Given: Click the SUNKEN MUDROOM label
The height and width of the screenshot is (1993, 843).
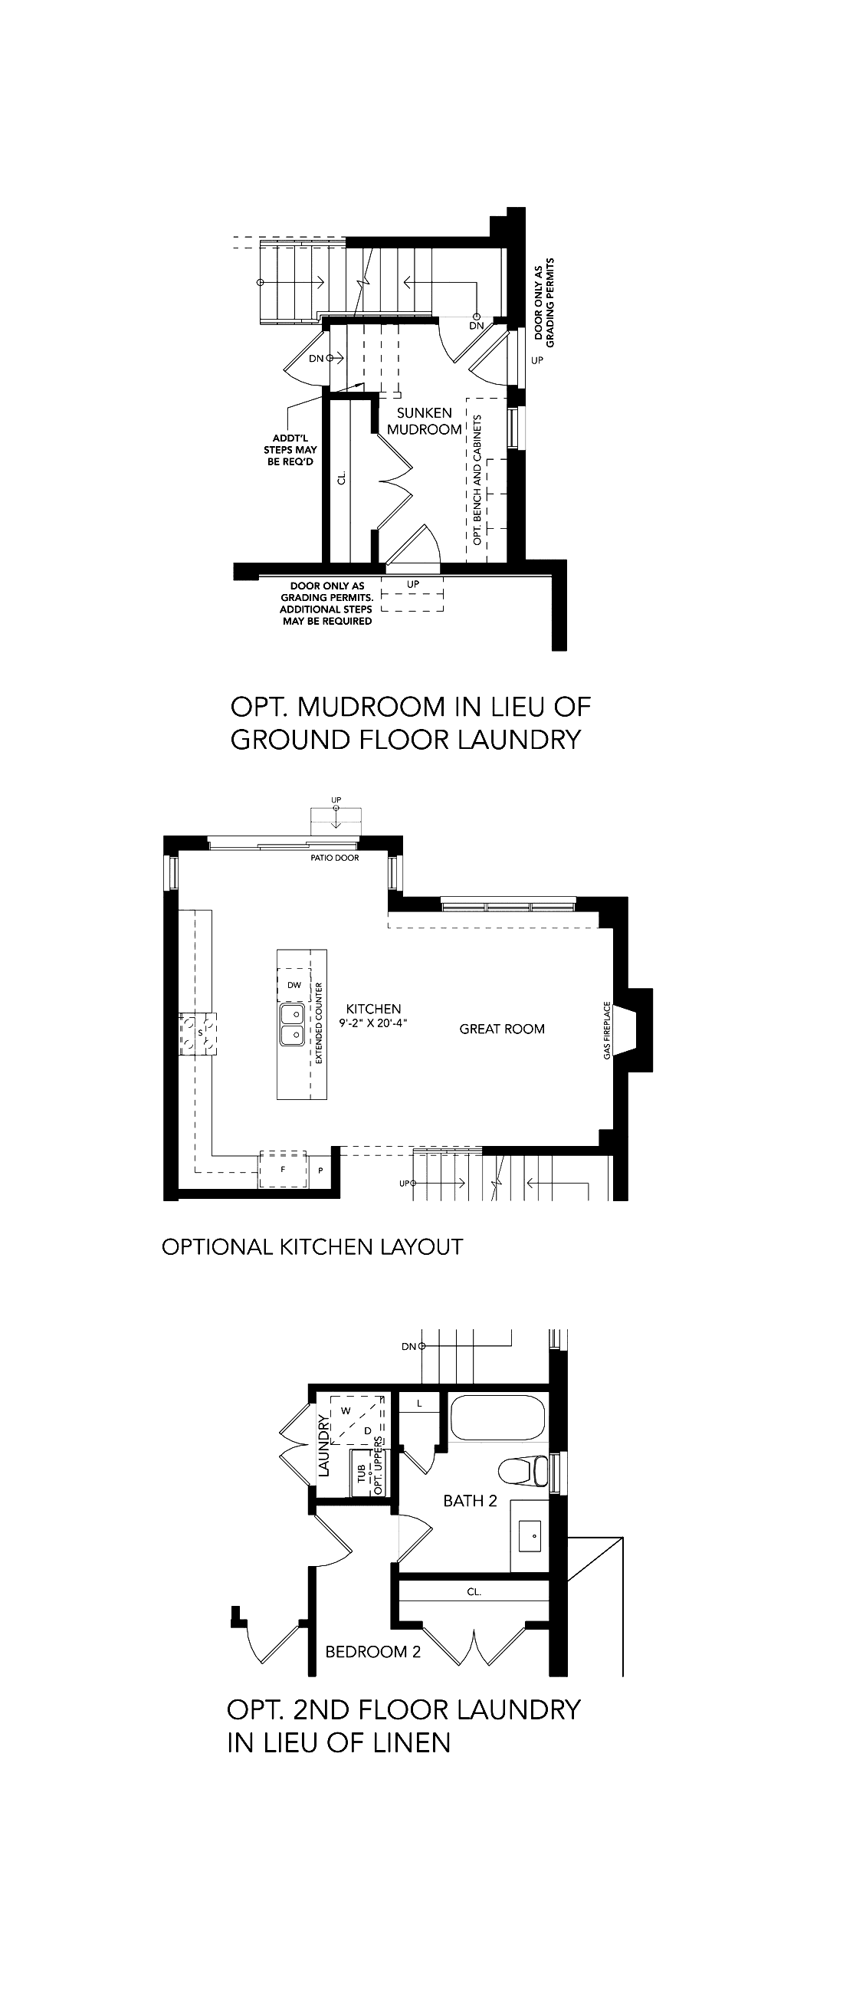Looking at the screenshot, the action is coord(424,421).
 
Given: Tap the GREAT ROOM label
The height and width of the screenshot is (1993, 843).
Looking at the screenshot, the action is coord(502,1029).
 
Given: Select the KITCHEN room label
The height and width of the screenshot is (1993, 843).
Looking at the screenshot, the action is coord(373,1009).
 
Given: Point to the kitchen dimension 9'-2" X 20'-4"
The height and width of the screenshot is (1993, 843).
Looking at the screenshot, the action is coord(373,1023).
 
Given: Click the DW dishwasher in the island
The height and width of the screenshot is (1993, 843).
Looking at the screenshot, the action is coord(294,985).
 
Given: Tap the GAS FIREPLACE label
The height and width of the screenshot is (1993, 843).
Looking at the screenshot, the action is coord(607,1030).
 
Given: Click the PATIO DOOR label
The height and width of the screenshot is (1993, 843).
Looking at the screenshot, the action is coord(335,857).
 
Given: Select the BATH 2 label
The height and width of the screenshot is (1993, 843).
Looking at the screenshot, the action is coord(470,1501).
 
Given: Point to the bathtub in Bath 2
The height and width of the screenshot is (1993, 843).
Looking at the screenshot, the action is coord(497,1417).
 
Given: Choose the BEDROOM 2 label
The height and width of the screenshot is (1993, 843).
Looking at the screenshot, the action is coord(372,1652).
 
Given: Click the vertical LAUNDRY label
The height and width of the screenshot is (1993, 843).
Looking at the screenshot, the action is coord(324,1446).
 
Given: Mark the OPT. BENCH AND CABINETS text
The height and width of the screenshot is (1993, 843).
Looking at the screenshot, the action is coord(477,480).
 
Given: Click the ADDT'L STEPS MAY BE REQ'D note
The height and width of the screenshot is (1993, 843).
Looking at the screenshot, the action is coord(290,450).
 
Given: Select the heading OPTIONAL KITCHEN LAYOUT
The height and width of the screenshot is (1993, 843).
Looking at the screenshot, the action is coord(313,1246).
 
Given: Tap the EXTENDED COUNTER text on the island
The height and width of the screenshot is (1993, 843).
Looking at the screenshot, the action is coord(319,1023).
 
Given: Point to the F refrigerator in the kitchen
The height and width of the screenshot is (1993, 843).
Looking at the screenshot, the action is coord(282,1169).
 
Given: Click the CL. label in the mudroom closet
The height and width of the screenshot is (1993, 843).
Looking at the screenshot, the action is coord(342,480).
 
